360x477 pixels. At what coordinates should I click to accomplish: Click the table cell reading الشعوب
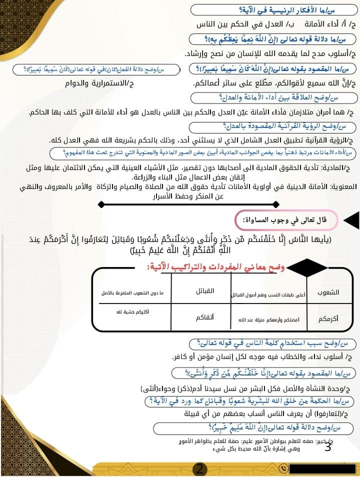tap(328, 292)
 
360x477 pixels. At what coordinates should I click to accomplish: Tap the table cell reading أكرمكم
tap(328, 318)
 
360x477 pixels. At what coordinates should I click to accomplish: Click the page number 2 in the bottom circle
tap(199, 469)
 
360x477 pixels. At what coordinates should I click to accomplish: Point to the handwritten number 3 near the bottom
tap(327, 446)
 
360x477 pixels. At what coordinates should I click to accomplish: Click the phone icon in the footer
tap(284, 468)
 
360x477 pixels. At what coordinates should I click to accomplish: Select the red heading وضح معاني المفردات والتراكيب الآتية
tap(215, 267)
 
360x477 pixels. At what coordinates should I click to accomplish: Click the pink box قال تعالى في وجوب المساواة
tap(287, 219)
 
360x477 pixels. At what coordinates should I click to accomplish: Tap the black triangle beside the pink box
tap(351, 220)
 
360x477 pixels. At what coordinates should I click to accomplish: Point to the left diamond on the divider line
tap(101, 204)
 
